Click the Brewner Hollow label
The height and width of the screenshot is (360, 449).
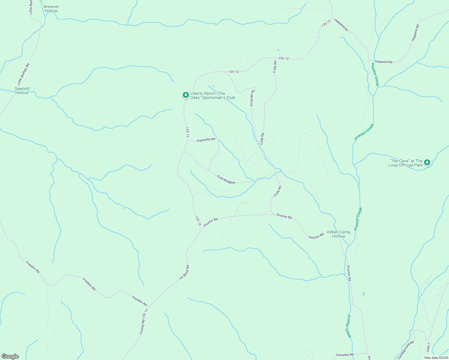(51, 9)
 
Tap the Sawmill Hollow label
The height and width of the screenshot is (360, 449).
(22, 91)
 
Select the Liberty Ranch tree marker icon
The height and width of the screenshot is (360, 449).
(186, 95)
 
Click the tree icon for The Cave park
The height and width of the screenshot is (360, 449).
(427, 163)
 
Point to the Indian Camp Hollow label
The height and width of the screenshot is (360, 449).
(339, 234)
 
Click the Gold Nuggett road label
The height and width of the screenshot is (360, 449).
(226, 180)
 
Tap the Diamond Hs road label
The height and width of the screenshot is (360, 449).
(206, 140)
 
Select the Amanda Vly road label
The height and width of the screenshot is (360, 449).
(252, 98)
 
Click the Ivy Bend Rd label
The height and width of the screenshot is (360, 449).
(184, 272)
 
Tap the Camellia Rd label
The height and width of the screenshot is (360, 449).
(345, 355)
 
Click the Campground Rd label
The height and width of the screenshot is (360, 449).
(406, 350)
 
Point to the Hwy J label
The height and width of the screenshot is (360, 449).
(428, 347)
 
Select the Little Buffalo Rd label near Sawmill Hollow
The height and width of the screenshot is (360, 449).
(23, 74)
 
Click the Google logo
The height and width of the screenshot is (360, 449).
(10, 356)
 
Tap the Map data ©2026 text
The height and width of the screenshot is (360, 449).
(436, 358)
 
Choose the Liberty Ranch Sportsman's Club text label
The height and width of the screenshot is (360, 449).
(212, 95)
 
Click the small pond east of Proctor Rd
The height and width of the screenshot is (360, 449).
(363, 294)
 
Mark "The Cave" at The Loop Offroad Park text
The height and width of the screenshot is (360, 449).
(405, 163)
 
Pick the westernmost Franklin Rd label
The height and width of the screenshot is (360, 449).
(33, 267)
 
